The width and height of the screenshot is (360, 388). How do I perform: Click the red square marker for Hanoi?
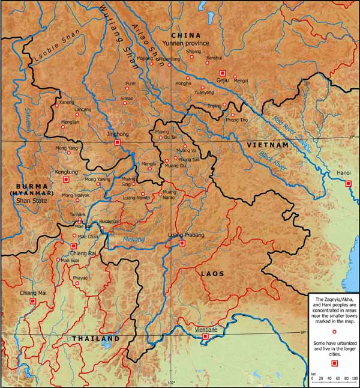[348, 184]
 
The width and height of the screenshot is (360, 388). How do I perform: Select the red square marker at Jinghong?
[118, 142]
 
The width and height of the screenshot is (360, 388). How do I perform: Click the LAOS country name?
[212, 273]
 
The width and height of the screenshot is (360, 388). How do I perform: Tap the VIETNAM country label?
[266, 145]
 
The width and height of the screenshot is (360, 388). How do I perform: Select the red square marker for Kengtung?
[67, 179]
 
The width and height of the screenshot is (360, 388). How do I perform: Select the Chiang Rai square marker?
[74, 246]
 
